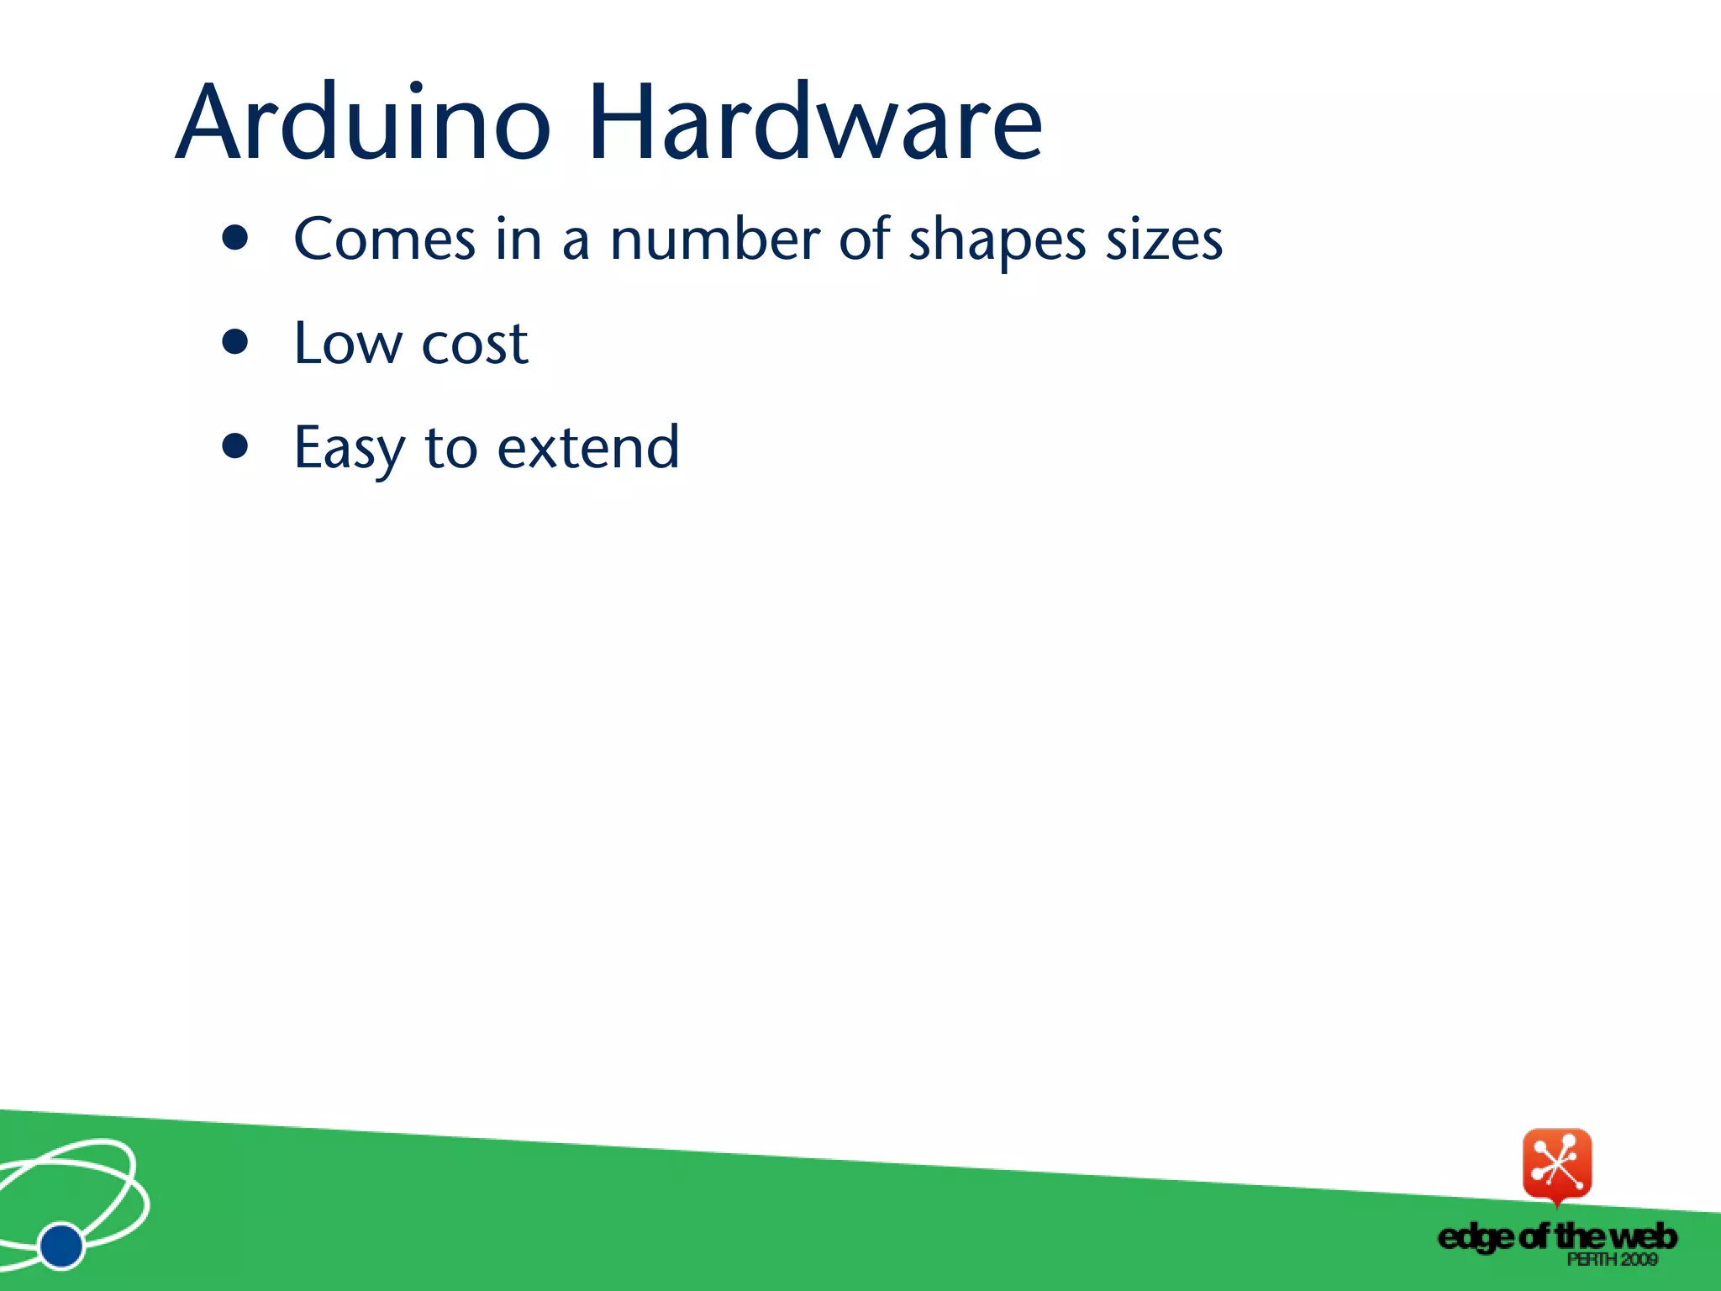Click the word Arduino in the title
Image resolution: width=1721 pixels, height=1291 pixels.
pos(363,123)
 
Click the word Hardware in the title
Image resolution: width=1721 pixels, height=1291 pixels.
pos(815,123)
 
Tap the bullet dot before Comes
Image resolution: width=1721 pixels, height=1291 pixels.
pos(235,239)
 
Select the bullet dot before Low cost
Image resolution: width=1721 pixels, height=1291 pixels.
pos(235,342)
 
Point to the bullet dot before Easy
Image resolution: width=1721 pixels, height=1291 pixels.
pos(235,446)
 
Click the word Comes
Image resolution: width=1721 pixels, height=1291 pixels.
pos(385,240)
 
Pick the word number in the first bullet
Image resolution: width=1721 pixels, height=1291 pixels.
pos(714,240)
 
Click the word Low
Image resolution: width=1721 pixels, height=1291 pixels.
pos(348,343)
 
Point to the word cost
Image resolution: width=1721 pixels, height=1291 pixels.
pos(475,345)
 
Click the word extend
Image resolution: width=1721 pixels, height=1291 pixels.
pos(588,447)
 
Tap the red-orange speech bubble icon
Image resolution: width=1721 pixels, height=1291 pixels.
pos(1557,1165)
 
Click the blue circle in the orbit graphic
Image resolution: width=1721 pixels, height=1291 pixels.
pos(61,1246)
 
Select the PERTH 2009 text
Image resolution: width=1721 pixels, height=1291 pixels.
pos(1612,1259)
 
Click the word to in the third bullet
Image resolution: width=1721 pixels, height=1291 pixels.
pos(451,447)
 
